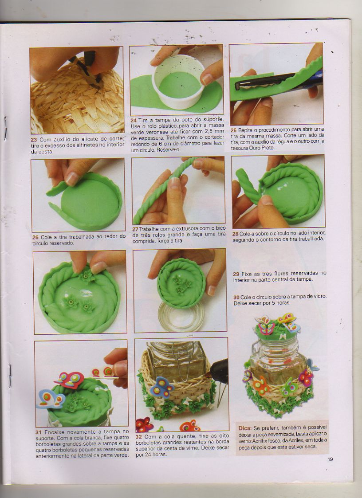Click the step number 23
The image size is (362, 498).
click(34, 140)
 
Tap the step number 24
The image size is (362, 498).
click(134, 120)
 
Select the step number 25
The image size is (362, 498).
click(234, 130)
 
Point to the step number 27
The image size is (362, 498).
click(135, 229)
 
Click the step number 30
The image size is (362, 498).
click(236, 298)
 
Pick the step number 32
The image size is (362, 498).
click(138, 437)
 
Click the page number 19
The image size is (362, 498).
click(330, 459)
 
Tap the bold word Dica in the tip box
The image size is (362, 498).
click(245, 428)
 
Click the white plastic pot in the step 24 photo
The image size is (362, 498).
click(177, 82)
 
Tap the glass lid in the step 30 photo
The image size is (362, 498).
click(181, 316)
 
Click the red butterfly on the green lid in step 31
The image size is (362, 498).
click(70, 380)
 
